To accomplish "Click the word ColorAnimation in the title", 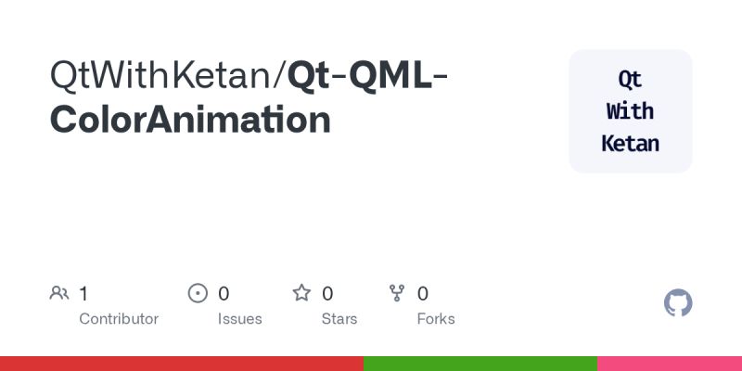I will tap(190, 121).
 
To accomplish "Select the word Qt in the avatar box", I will tap(630, 79).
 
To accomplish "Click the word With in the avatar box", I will tap(630, 111).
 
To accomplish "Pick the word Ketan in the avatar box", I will tap(630, 144).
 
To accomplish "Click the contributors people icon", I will tap(59, 294).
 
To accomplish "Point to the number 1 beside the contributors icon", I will tap(83, 294).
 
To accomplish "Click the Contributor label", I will tap(119, 319).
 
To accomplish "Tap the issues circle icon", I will tap(198, 294).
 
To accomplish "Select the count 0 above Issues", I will tap(224, 294).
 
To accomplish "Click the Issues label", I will tap(240, 319).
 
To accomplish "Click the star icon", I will tap(301, 294).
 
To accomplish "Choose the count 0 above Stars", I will tap(327, 294).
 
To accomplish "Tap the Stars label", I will tap(339, 319).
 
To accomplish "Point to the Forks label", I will tap(436, 319).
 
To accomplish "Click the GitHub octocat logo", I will tap(678, 303).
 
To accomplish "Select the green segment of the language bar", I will tap(480, 364).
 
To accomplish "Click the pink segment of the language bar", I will tap(670, 364).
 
